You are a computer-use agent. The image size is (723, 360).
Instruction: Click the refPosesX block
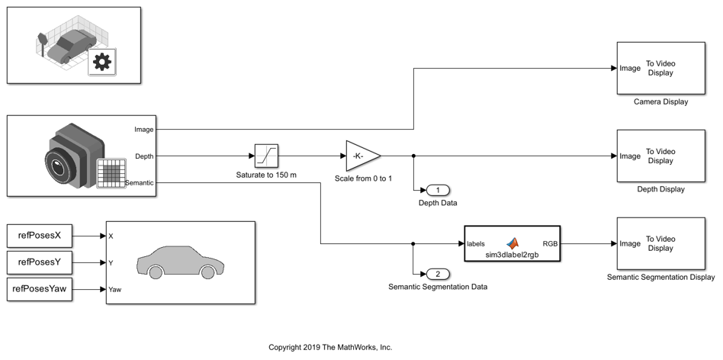point(40,236)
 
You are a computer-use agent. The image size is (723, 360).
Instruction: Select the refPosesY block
point(40,263)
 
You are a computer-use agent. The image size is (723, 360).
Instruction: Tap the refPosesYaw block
point(40,290)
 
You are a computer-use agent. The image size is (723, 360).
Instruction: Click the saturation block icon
point(266,156)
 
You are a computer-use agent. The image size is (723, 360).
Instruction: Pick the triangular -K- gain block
point(361,156)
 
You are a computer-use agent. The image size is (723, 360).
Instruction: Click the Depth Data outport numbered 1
point(438,190)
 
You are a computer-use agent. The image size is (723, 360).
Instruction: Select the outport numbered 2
point(438,274)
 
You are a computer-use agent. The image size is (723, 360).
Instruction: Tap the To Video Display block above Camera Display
point(651,69)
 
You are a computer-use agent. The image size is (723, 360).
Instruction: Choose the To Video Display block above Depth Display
point(651,156)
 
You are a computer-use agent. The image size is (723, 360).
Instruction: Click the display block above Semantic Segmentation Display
point(651,244)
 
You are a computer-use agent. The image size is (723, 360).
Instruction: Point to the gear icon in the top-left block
point(101,62)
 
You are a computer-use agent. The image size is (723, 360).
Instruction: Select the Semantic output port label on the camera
point(140,183)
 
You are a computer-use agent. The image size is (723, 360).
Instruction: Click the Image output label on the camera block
point(143,130)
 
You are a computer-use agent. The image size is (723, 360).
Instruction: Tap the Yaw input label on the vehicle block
point(115,290)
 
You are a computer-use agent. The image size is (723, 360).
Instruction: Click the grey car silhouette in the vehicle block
point(180,262)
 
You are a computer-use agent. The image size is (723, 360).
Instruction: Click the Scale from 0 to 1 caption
point(363,178)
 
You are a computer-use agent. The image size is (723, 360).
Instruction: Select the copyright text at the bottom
point(330,348)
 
